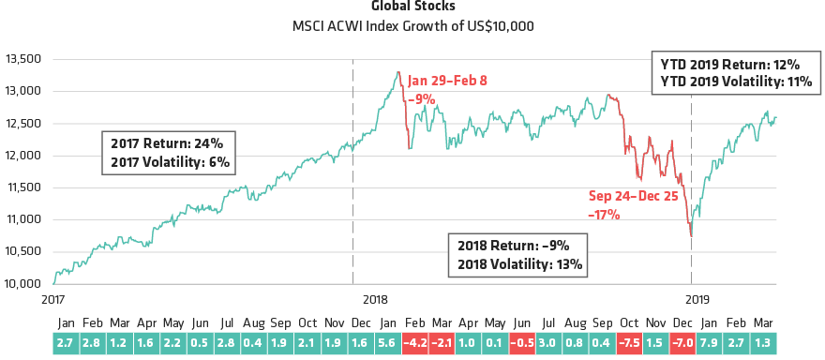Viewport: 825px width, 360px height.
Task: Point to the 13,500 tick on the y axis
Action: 22,58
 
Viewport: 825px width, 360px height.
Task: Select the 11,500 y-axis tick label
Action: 22,187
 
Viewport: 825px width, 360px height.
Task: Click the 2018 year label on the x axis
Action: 374,299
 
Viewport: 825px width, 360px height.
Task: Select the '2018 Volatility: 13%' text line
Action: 520,264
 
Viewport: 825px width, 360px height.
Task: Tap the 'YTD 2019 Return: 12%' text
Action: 724,65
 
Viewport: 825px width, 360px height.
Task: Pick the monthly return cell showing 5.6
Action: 388,342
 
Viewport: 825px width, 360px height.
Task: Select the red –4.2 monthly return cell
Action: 415,342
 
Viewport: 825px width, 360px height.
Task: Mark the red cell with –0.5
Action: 523,342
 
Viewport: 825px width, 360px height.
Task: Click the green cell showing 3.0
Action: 550,342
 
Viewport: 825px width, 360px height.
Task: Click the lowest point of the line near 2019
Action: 691,236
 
